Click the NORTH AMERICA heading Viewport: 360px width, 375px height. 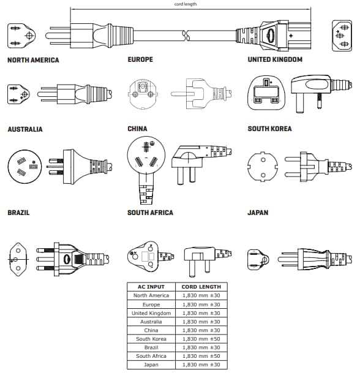(33, 60)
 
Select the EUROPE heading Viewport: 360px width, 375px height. (140, 60)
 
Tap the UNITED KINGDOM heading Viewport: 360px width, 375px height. (275, 60)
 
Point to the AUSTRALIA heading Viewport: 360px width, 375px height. (25, 129)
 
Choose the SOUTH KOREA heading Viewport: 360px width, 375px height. (269, 129)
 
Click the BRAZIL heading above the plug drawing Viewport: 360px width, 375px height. (18, 213)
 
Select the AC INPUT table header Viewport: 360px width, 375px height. (150, 287)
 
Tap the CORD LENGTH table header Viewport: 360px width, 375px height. (201, 287)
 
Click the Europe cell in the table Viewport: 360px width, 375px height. (150, 305)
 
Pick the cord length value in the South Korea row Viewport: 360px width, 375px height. (201, 339)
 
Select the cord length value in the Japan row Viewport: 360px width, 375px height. (201, 365)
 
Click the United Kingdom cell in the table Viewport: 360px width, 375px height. (150, 313)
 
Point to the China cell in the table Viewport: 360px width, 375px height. (150, 330)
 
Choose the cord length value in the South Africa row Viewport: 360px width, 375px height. (201, 356)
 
